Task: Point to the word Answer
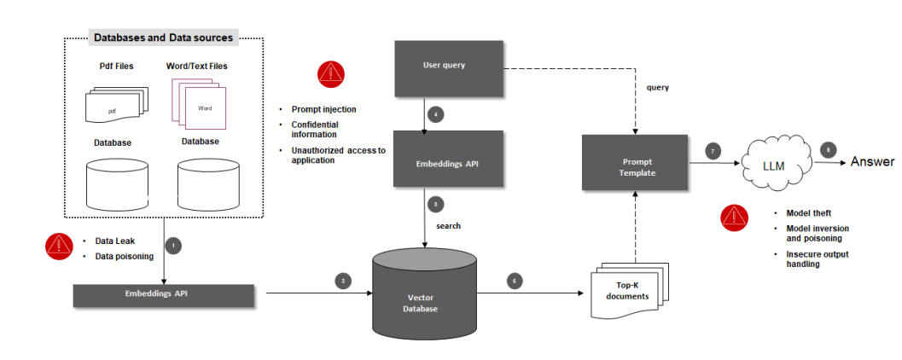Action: click(871, 161)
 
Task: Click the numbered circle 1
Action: click(173, 246)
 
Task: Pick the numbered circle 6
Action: click(513, 280)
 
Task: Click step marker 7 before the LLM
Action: click(713, 151)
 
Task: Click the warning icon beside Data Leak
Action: click(59, 247)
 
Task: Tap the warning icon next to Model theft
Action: click(734, 218)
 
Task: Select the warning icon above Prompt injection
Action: click(330, 74)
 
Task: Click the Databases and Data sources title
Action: click(163, 38)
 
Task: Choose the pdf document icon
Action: click(116, 106)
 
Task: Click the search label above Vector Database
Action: click(448, 225)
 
